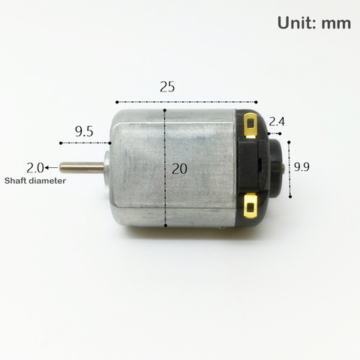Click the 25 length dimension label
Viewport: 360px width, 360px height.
pos(167,87)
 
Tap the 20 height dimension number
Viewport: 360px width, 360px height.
pos(179,169)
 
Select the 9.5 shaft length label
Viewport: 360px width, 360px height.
pos(84,131)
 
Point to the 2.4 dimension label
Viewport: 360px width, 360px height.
pos(277,121)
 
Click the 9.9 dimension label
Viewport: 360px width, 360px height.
pos(301,166)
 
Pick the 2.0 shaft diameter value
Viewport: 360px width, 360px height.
pos(35,168)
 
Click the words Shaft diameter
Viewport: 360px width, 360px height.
pos(35,181)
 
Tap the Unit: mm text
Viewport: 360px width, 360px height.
pos(314,23)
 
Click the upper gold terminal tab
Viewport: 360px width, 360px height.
pos(250,125)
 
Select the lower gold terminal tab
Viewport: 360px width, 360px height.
pos(250,205)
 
